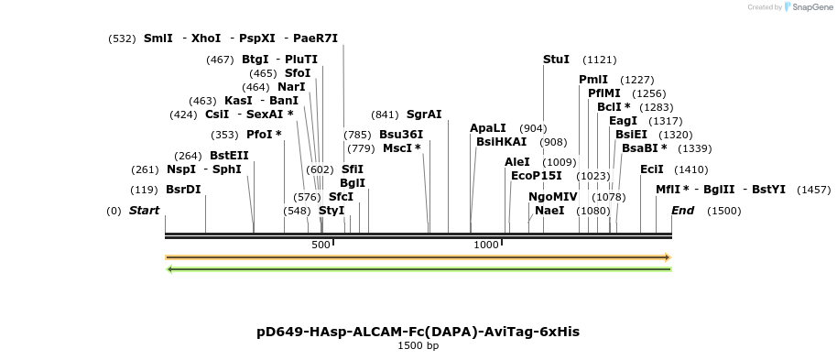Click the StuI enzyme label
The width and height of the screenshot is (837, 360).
point(556,60)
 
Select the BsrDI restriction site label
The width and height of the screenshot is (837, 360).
point(183,190)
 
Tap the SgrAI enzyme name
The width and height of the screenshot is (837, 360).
point(424,115)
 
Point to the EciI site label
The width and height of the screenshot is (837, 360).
point(652,169)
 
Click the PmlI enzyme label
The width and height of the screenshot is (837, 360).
point(593,80)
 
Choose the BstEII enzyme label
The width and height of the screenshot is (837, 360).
point(229,156)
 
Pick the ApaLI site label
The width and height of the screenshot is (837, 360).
point(488,128)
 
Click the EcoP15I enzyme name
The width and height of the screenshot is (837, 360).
point(537,176)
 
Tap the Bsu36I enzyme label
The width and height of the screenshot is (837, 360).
point(401,135)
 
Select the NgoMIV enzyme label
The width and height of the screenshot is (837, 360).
point(553,197)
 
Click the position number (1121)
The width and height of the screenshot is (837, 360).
point(600,60)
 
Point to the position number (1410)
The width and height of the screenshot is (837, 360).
point(690,169)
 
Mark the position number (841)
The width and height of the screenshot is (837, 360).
point(385,115)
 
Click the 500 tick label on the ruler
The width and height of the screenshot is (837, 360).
point(321,245)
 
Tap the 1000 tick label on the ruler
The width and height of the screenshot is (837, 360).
point(486,245)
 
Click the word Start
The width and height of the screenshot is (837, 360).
point(144,211)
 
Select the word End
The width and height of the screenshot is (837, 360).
point(683,211)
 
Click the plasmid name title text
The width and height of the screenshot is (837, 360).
point(418,332)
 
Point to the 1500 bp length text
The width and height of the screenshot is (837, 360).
point(418,346)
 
